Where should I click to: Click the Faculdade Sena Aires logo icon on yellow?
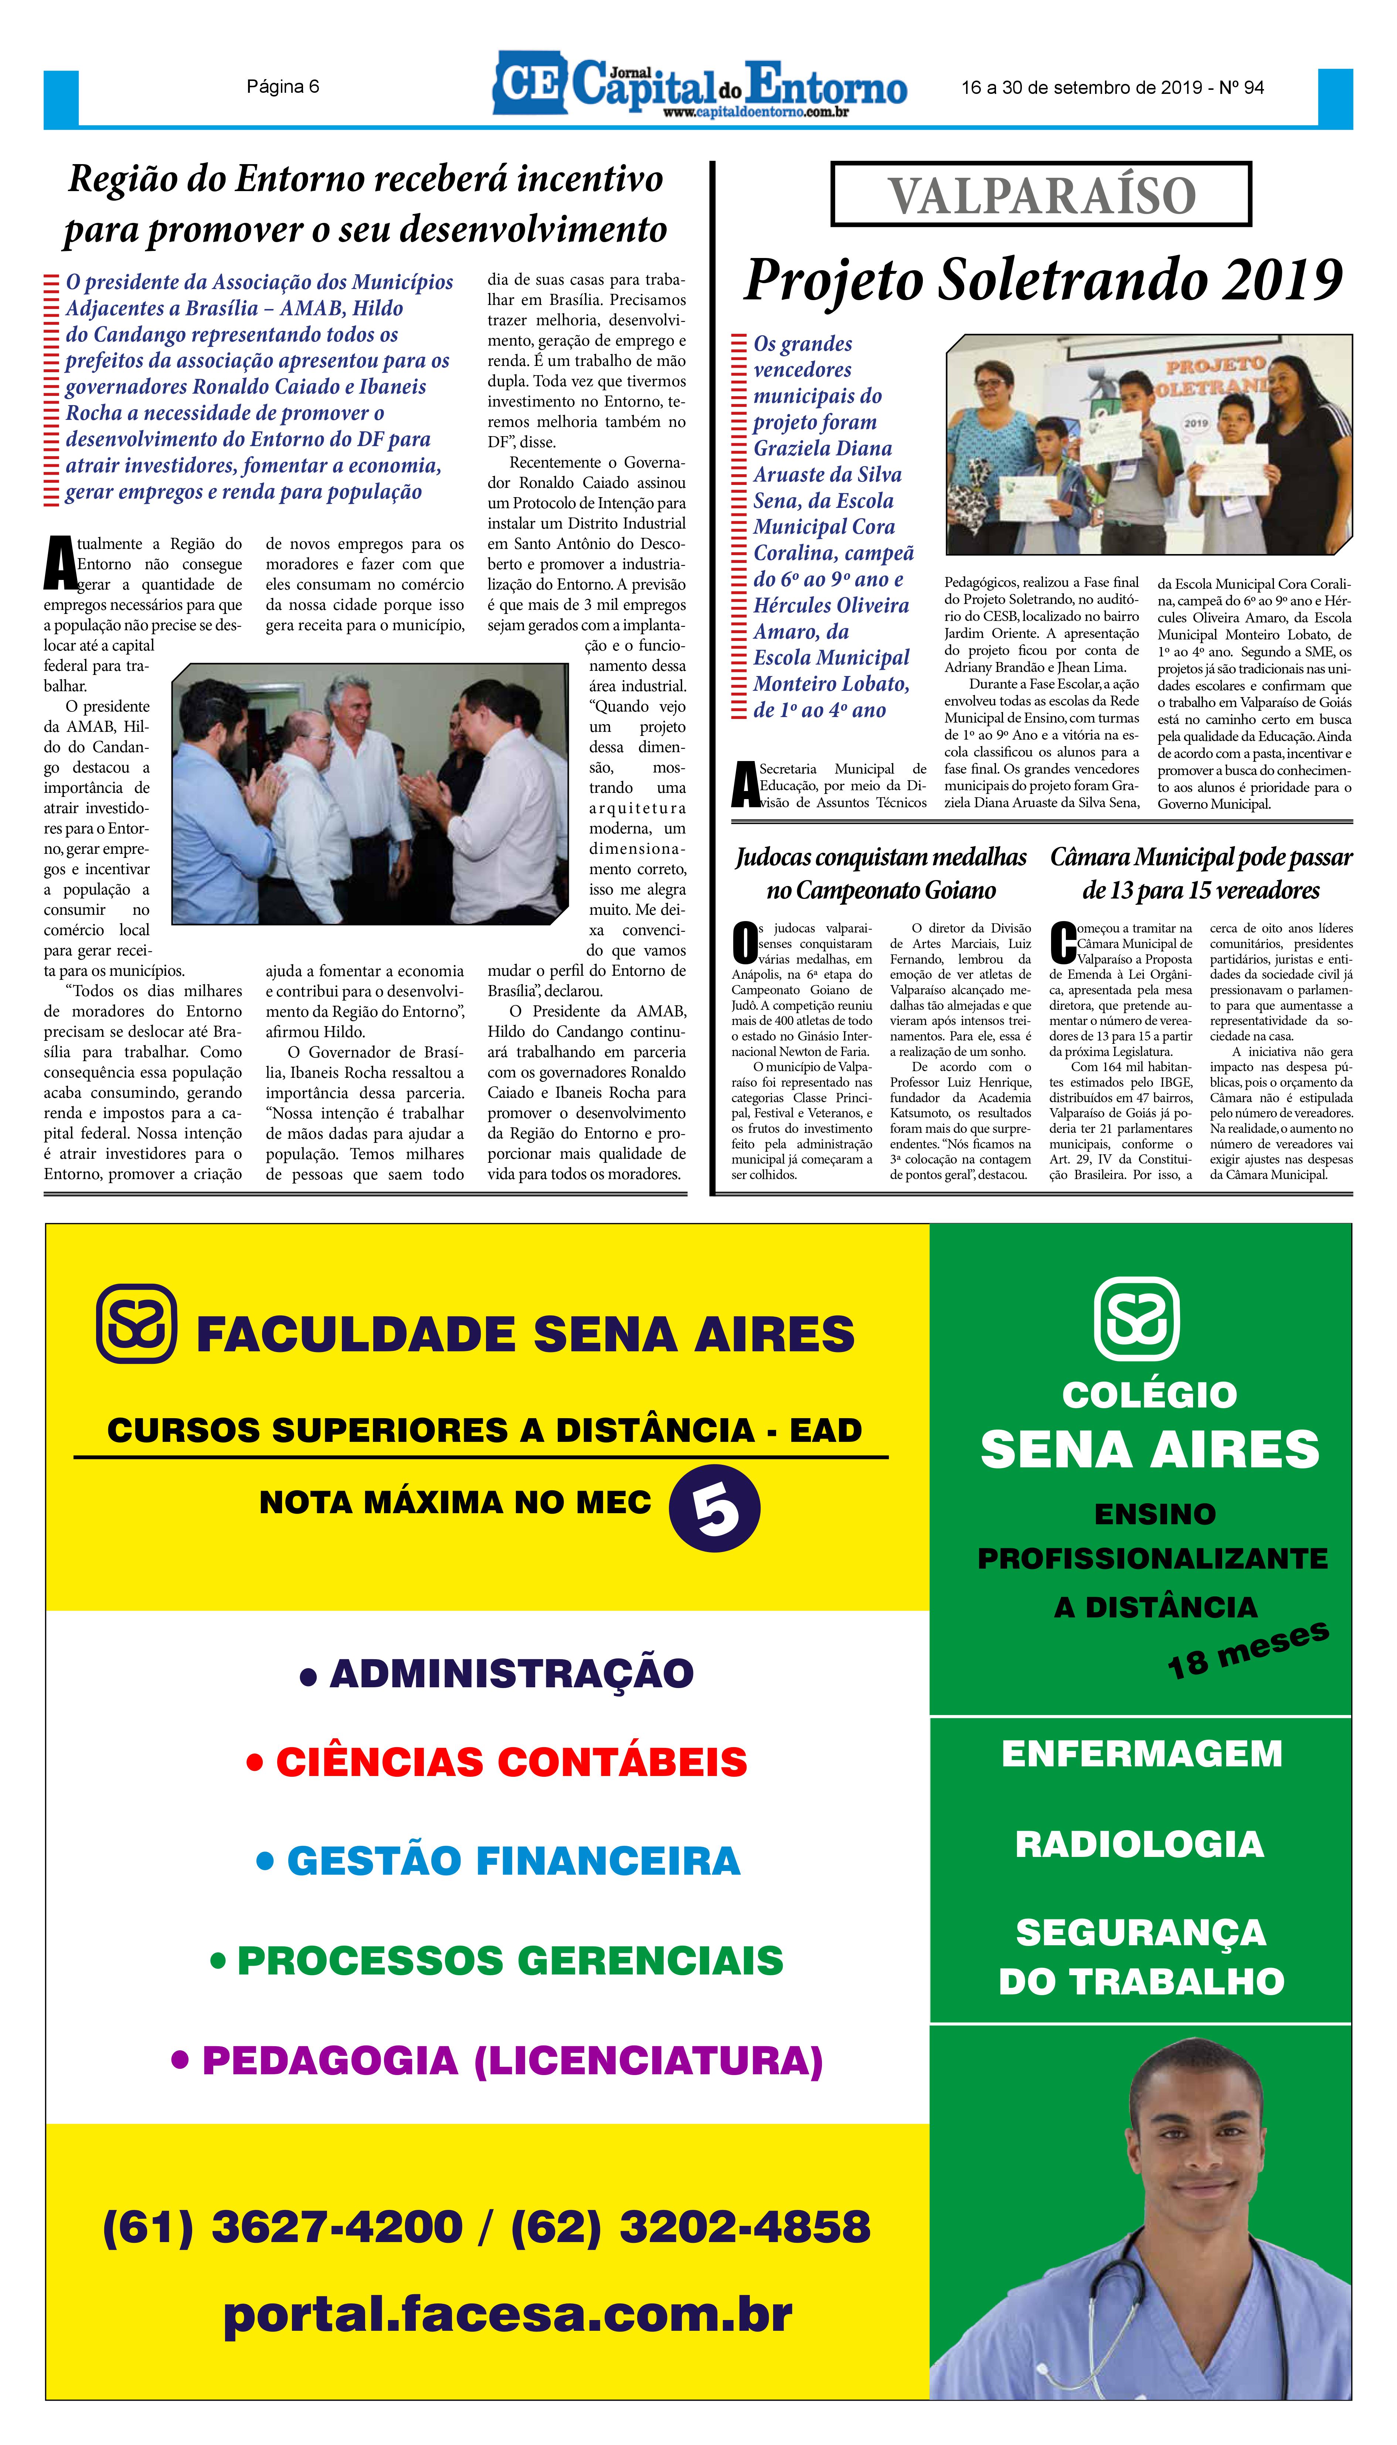tap(136, 1324)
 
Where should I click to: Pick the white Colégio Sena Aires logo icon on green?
tap(1137, 1318)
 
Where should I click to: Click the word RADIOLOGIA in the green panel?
tap(1140, 1844)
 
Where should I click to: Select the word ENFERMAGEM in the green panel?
tap(1142, 1754)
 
